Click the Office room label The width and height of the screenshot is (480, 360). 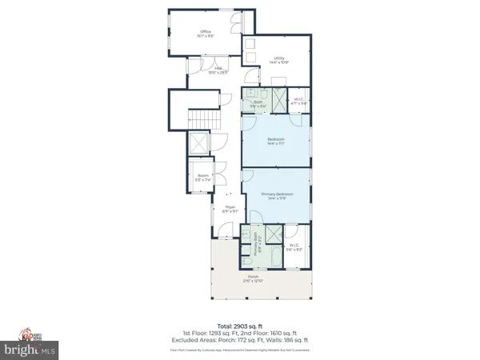[206, 34]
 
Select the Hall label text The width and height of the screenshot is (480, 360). [217, 70]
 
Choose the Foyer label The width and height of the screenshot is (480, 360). [230, 209]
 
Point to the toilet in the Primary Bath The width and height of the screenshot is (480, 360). [246, 261]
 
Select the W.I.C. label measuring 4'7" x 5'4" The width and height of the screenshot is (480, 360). [296, 102]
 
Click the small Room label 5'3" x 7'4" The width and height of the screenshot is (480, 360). [199, 178]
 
